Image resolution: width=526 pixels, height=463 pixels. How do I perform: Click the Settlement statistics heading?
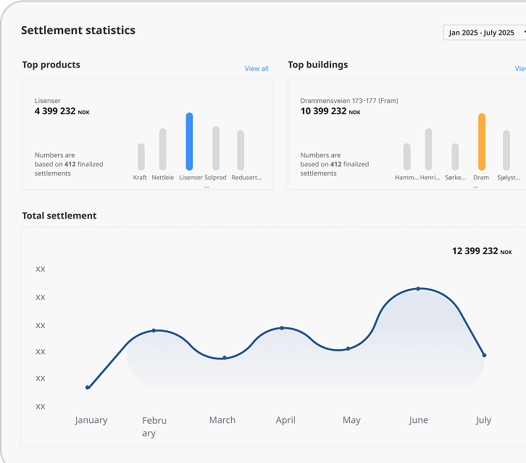(x=78, y=30)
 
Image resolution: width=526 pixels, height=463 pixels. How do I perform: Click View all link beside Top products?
(x=256, y=69)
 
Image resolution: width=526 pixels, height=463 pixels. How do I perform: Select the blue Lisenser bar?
(x=189, y=142)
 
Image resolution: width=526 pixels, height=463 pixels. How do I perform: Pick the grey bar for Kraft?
(x=141, y=157)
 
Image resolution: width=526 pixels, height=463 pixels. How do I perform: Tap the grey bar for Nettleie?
(x=163, y=149)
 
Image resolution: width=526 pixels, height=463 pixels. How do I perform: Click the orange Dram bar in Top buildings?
(x=482, y=142)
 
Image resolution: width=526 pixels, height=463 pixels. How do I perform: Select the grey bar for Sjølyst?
(x=506, y=150)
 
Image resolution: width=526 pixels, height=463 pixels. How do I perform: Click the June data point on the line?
(x=418, y=289)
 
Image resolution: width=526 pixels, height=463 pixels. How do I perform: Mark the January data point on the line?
(x=88, y=388)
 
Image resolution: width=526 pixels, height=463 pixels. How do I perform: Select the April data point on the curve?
(x=282, y=328)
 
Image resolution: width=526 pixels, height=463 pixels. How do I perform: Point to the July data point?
(x=484, y=355)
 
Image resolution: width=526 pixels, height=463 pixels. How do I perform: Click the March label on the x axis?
(x=222, y=420)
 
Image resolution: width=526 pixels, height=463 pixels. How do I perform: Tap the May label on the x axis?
(x=351, y=420)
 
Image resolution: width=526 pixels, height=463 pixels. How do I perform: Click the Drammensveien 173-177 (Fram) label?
(x=349, y=101)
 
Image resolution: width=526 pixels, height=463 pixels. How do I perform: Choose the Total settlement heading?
(x=59, y=216)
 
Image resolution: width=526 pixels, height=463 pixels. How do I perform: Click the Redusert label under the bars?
(x=246, y=178)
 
